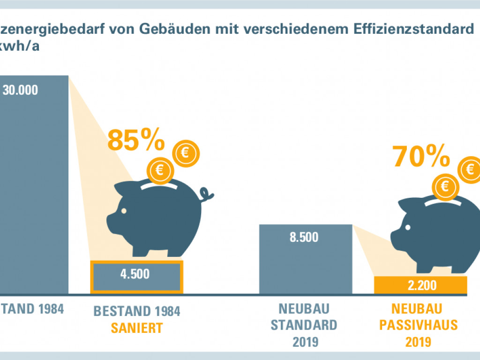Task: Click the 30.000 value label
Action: pos(20,90)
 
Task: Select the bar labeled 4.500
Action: pos(135,275)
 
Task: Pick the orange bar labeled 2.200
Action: pos(421,285)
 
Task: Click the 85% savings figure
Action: pos(136,139)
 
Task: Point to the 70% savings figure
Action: pos(421,157)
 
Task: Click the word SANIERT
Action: pos(137,328)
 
